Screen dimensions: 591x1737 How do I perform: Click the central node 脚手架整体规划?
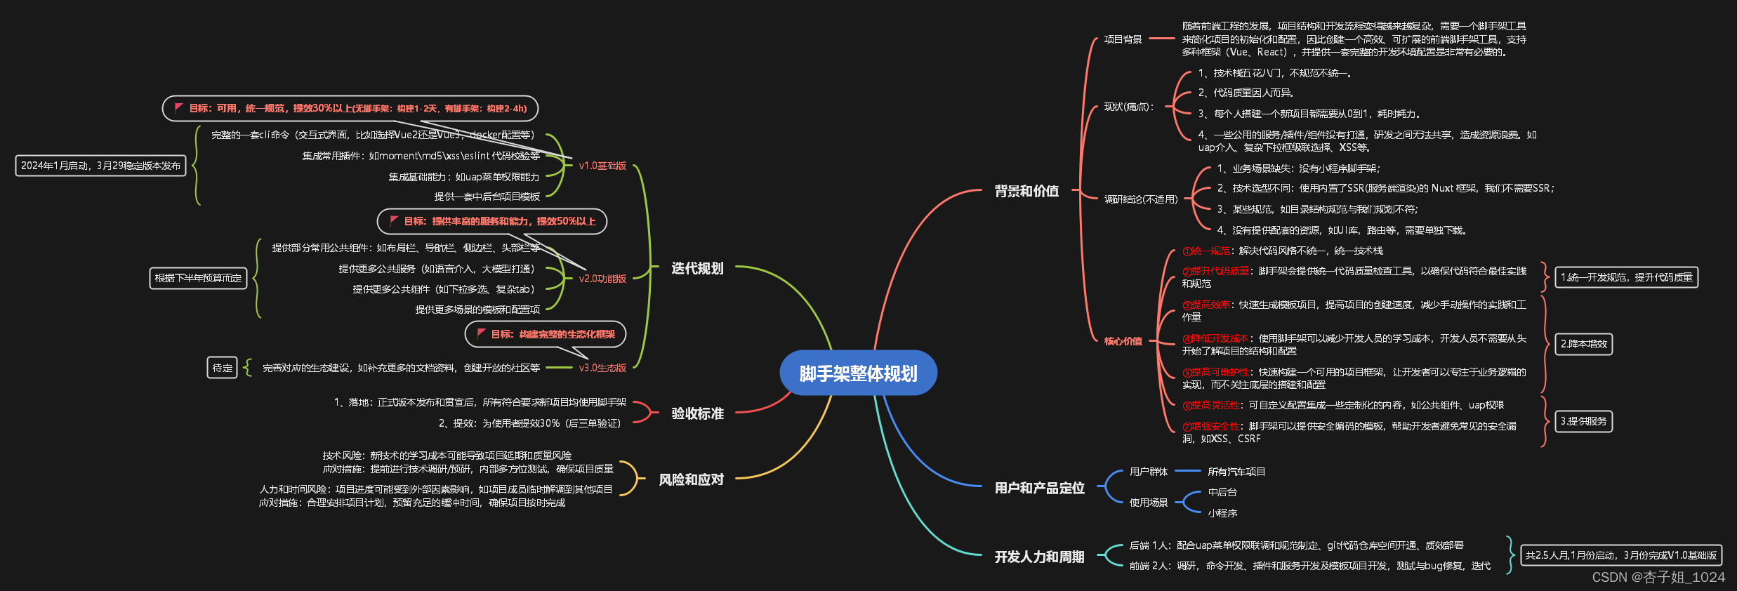(858, 373)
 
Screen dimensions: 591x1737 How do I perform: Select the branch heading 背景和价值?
(1026, 191)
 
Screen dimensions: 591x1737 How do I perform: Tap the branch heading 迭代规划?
(696, 268)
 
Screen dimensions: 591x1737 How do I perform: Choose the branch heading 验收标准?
(696, 413)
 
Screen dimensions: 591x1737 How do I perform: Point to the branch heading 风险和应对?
(690, 479)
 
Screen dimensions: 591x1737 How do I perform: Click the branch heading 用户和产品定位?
(1039, 488)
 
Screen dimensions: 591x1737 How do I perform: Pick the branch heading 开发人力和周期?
(1039, 557)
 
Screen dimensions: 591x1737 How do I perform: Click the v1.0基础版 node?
(602, 166)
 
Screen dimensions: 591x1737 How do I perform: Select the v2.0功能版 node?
(602, 279)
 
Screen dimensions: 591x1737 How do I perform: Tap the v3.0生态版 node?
(602, 368)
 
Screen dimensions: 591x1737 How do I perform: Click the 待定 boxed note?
(222, 368)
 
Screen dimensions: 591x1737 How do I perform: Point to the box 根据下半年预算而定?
(198, 278)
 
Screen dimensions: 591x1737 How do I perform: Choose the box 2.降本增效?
(1583, 344)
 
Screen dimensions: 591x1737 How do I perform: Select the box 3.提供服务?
(1583, 421)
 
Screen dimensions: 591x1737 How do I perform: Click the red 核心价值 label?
(1123, 341)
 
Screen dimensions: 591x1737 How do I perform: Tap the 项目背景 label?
(1123, 39)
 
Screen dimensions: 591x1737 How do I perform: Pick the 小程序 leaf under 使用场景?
(1222, 513)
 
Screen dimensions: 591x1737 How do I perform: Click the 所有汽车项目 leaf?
(1236, 472)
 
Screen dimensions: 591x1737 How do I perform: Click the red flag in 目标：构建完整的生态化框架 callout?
(481, 333)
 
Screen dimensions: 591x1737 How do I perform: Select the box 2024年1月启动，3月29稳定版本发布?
(100, 166)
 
